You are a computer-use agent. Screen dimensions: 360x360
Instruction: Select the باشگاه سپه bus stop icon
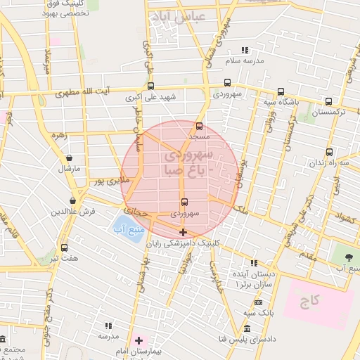tap(281, 91)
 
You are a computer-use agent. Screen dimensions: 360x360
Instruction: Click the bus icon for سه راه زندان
tap(329, 152)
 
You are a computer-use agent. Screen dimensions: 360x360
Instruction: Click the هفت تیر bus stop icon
tap(64, 247)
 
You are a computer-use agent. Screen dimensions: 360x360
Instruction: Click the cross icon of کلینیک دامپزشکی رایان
tap(183, 232)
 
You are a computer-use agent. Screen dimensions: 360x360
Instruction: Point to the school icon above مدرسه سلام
tap(245, 50)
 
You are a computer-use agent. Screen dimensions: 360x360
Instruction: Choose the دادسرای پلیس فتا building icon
tap(246, 329)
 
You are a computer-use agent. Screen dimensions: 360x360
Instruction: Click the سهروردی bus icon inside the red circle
tap(184, 202)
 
